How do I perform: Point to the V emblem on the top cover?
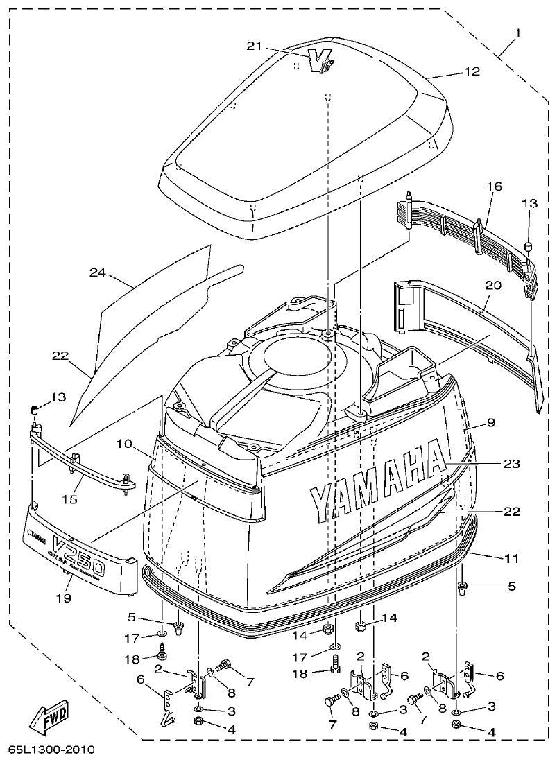320,62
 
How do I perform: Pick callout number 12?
472,71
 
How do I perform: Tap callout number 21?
255,46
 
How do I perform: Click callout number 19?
64,597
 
